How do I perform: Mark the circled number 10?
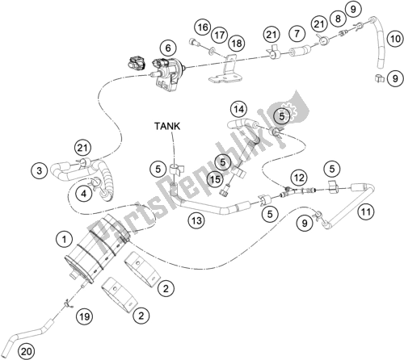tap(394, 38)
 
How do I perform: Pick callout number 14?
tap(238, 108)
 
